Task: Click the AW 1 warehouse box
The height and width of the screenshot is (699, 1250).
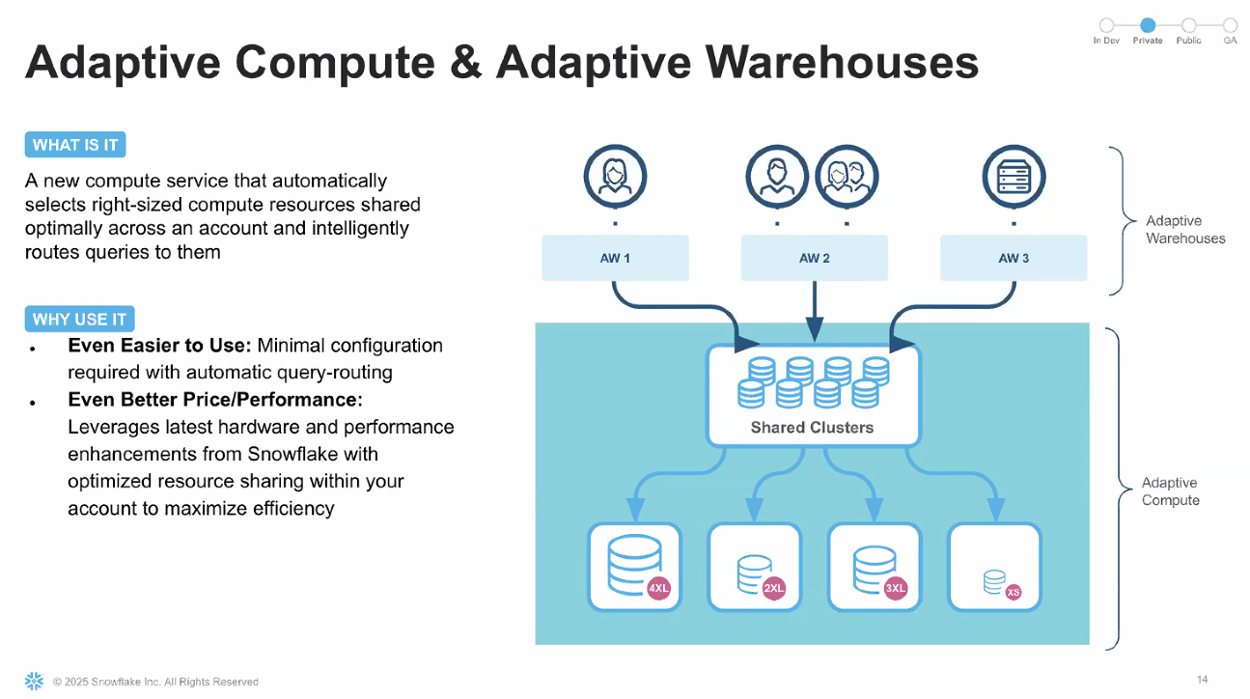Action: coord(615,258)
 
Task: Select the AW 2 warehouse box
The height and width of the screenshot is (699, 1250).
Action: coord(815,258)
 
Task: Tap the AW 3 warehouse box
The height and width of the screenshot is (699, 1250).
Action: coord(1014,258)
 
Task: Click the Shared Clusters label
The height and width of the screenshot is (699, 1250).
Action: coord(812,428)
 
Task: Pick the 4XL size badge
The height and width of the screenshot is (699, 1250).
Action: coord(659,588)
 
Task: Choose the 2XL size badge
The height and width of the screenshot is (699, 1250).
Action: coord(774,588)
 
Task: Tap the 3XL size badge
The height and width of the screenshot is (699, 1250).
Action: coord(895,588)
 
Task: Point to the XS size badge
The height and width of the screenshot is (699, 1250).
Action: coord(1014,592)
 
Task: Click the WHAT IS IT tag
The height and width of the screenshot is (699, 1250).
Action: coord(75,146)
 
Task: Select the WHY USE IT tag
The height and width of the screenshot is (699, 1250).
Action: coord(79,320)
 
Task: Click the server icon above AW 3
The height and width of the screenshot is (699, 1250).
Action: coord(1014,177)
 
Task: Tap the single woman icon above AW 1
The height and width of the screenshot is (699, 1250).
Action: coord(615,177)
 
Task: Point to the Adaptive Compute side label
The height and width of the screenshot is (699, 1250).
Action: coord(1170,491)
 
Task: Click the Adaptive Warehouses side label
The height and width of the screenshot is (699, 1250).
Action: coord(1185,230)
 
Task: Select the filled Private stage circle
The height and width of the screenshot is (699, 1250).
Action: coord(1148,26)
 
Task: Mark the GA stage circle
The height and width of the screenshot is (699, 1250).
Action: coord(1230,26)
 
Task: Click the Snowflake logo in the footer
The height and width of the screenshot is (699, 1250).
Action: coord(34,681)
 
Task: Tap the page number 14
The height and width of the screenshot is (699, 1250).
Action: coord(1202,680)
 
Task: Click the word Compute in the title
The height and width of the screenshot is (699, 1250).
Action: coord(334,63)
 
